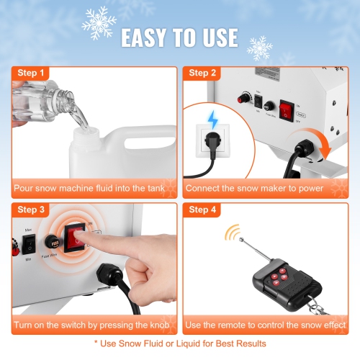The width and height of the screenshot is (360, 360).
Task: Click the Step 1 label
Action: (x=31, y=73)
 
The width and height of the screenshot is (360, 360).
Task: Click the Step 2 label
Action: (x=203, y=73)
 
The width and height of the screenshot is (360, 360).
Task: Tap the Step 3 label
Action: (x=31, y=210)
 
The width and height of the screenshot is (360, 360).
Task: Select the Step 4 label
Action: (x=203, y=210)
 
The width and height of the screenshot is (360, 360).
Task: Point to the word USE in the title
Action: (x=215, y=37)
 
